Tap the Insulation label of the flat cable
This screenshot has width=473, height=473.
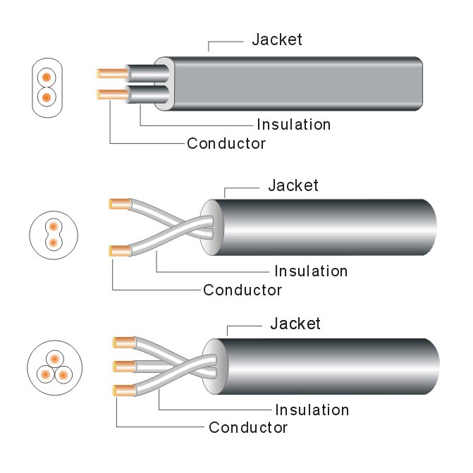pyautogui.click(x=293, y=125)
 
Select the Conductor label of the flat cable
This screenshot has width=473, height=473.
pyautogui.click(x=226, y=144)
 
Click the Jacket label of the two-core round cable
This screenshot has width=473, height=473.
pyautogui.click(x=293, y=185)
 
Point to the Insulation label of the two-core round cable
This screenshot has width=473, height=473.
pyautogui.click(x=310, y=271)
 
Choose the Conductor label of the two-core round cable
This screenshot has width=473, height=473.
pyautogui.click(x=242, y=290)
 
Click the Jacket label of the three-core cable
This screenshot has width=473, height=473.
pyautogui.click(x=295, y=324)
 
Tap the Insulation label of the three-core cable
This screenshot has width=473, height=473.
pyautogui.click(x=312, y=410)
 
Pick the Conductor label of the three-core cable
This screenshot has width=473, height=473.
pyautogui.click(x=247, y=427)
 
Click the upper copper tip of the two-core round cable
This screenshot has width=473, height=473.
pyautogui.click(x=118, y=204)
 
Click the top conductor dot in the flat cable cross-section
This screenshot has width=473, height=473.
pyautogui.click(x=47, y=76)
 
